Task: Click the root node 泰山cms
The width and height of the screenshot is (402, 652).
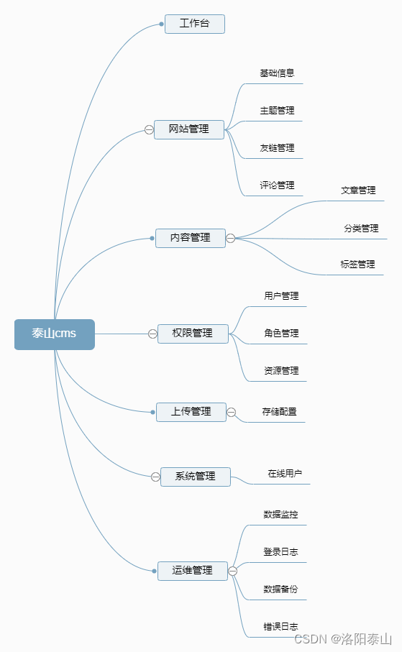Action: pos(55,334)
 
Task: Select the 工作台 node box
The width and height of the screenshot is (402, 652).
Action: pos(194,24)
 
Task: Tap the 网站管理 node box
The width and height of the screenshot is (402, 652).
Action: pos(189,129)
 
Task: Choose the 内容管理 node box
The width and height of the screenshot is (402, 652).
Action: pos(191,238)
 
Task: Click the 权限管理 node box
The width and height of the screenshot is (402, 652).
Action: pos(193,334)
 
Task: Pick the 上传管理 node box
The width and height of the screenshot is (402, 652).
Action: pos(191,412)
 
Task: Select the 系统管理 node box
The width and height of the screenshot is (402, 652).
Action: pos(195,477)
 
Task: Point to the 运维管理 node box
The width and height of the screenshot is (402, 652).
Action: pos(193,571)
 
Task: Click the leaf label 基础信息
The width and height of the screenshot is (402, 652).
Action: pos(277,73)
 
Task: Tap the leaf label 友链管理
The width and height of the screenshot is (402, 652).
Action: pos(277,148)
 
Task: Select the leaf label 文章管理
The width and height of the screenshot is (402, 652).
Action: pos(358,190)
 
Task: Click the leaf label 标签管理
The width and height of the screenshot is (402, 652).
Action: pos(357,265)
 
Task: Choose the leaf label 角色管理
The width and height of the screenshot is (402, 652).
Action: pos(281,334)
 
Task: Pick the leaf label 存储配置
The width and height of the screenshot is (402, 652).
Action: pos(279,412)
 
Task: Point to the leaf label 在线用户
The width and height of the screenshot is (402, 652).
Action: pos(285,474)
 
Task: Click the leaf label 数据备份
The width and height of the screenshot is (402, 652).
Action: pos(280,589)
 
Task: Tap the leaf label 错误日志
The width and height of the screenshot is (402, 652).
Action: pos(280,627)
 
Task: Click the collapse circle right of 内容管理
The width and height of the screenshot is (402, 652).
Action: pos(231,238)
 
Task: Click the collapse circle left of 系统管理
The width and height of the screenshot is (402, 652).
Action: pos(155,477)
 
